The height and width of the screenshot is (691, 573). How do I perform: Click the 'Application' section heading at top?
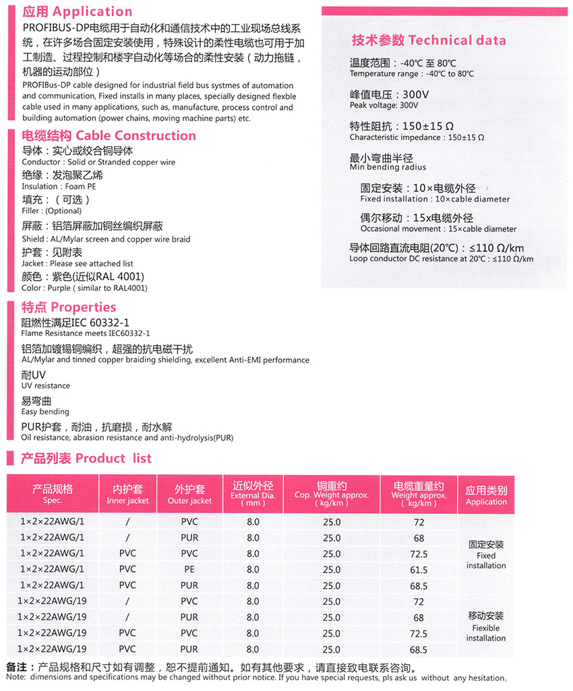pyautogui.click(x=78, y=11)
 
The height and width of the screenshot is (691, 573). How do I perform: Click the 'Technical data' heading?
pyautogui.click(x=429, y=40)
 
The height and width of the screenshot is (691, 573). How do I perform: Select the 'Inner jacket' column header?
pyautogui.click(x=127, y=500)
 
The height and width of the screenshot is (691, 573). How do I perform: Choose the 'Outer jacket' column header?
pyautogui.click(x=189, y=500)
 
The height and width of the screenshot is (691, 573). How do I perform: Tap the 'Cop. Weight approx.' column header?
pyautogui.click(x=332, y=495)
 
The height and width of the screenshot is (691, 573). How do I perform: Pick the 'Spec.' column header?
pyautogui.click(x=53, y=500)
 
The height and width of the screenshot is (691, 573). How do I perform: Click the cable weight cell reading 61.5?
pyautogui.click(x=419, y=570)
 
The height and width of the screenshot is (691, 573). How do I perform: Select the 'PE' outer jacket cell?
pyautogui.click(x=189, y=570)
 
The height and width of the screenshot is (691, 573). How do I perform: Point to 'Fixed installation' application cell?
pyautogui.click(x=486, y=555)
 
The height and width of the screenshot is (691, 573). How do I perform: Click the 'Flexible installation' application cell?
pyautogui.click(x=486, y=627)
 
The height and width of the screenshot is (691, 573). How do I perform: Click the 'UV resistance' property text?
pyautogui.click(x=46, y=386)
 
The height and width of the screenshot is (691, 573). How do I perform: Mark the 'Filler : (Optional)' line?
pyautogui.click(x=52, y=211)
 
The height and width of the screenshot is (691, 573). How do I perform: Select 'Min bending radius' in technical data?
pyautogui.click(x=388, y=167)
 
